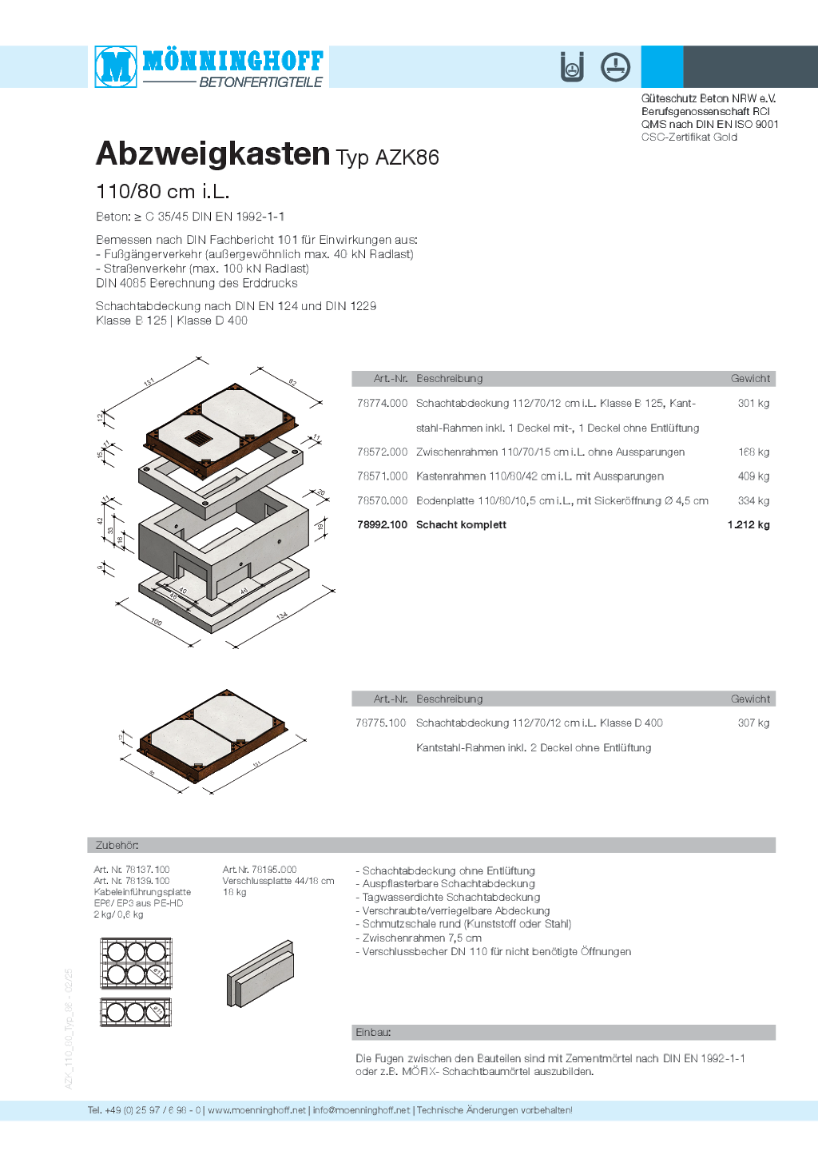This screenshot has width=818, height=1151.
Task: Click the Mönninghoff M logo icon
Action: coord(117,66)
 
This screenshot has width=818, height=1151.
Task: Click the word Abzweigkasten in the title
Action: coord(212,154)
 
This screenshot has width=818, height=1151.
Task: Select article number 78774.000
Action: coord(382,404)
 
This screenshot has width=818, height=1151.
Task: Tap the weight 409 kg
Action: coord(752,476)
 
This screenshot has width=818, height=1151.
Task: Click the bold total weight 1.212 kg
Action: coord(749,525)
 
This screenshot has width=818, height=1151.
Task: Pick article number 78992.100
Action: coord(382,525)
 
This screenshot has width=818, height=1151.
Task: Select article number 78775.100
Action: coord(381,723)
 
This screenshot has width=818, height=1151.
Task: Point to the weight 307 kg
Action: coord(752,723)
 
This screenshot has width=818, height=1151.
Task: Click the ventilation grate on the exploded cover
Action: coord(198,438)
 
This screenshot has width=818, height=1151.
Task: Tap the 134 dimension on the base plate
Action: coord(282,616)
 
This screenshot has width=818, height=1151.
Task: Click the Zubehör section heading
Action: coord(117,846)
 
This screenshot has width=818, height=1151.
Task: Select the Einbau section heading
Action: coord(373,1033)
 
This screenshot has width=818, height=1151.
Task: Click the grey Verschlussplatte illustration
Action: coord(260,974)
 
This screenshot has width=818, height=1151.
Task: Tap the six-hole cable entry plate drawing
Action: coord(136,962)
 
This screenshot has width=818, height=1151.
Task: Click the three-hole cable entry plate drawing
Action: coord(136,1012)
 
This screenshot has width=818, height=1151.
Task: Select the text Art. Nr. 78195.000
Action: coord(259,870)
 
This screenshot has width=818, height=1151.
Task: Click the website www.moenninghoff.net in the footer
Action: coord(256,1110)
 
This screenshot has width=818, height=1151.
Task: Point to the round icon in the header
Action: coord(615,67)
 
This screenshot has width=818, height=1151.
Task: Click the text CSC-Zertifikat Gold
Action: coord(689,137)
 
